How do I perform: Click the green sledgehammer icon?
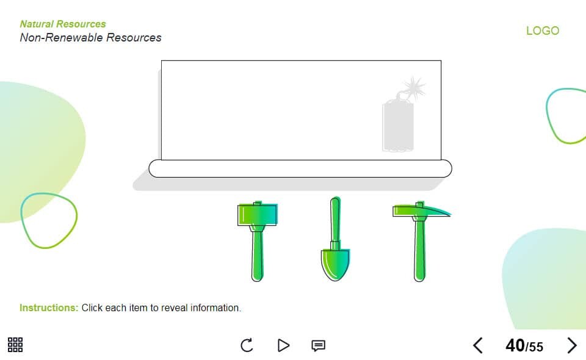(x=258, y=241)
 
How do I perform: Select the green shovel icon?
(x=335, y=239)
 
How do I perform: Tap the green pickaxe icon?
(x=420, y=242)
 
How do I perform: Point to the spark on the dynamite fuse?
(x=414, y=87)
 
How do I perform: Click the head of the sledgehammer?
(x=258, y=214)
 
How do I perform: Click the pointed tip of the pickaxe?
(x=450, y=214)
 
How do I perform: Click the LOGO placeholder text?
(x=543, y=31)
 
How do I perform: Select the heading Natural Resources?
(x=63, y=24)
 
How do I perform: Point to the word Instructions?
(x=49, y=308)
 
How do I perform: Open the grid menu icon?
(x=15, y=345)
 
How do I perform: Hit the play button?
(x=284, y=345)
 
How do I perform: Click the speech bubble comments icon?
(x=319, y=345)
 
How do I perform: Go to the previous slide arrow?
(x=478, y=345)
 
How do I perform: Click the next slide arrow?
(x=572, y=345)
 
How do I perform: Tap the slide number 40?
(x=515, y=346)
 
